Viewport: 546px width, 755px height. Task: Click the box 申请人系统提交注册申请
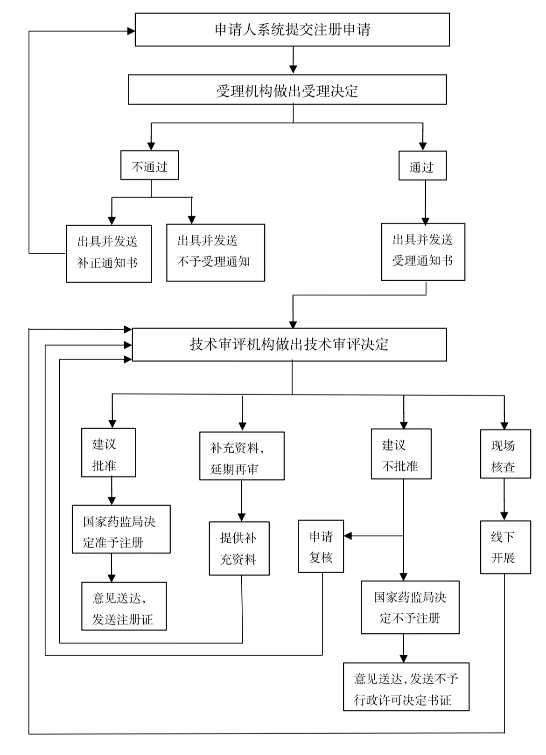point(292,30)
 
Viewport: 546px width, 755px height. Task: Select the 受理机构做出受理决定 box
point(287,90)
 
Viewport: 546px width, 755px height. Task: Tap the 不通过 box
point(150,165)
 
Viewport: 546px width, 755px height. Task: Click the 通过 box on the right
point(422,166)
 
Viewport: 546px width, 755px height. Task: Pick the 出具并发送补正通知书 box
point(109,254)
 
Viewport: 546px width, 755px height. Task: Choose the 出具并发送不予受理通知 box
point(216,253)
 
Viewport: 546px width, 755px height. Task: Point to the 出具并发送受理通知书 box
point(423,252)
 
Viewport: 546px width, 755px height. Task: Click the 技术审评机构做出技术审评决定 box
point(289,345)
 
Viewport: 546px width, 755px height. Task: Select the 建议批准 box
point(109,453)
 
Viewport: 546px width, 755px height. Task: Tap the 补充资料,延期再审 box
point(242,456)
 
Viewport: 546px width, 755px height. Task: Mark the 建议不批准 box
point(401,454)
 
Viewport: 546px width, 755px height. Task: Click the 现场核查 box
point(505,454)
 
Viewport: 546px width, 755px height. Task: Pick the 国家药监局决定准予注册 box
point(121,529)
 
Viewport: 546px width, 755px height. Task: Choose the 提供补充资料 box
point(239,548)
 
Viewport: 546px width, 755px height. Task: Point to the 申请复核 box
point(321,547)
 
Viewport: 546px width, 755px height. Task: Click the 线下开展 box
point(505,547)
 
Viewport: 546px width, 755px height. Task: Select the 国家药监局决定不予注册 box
point(410,607)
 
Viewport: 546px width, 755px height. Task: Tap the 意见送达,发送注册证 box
point(124,606)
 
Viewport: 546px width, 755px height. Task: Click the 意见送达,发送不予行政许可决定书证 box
point(406,686)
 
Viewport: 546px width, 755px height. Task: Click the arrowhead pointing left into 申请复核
point(348,536)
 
